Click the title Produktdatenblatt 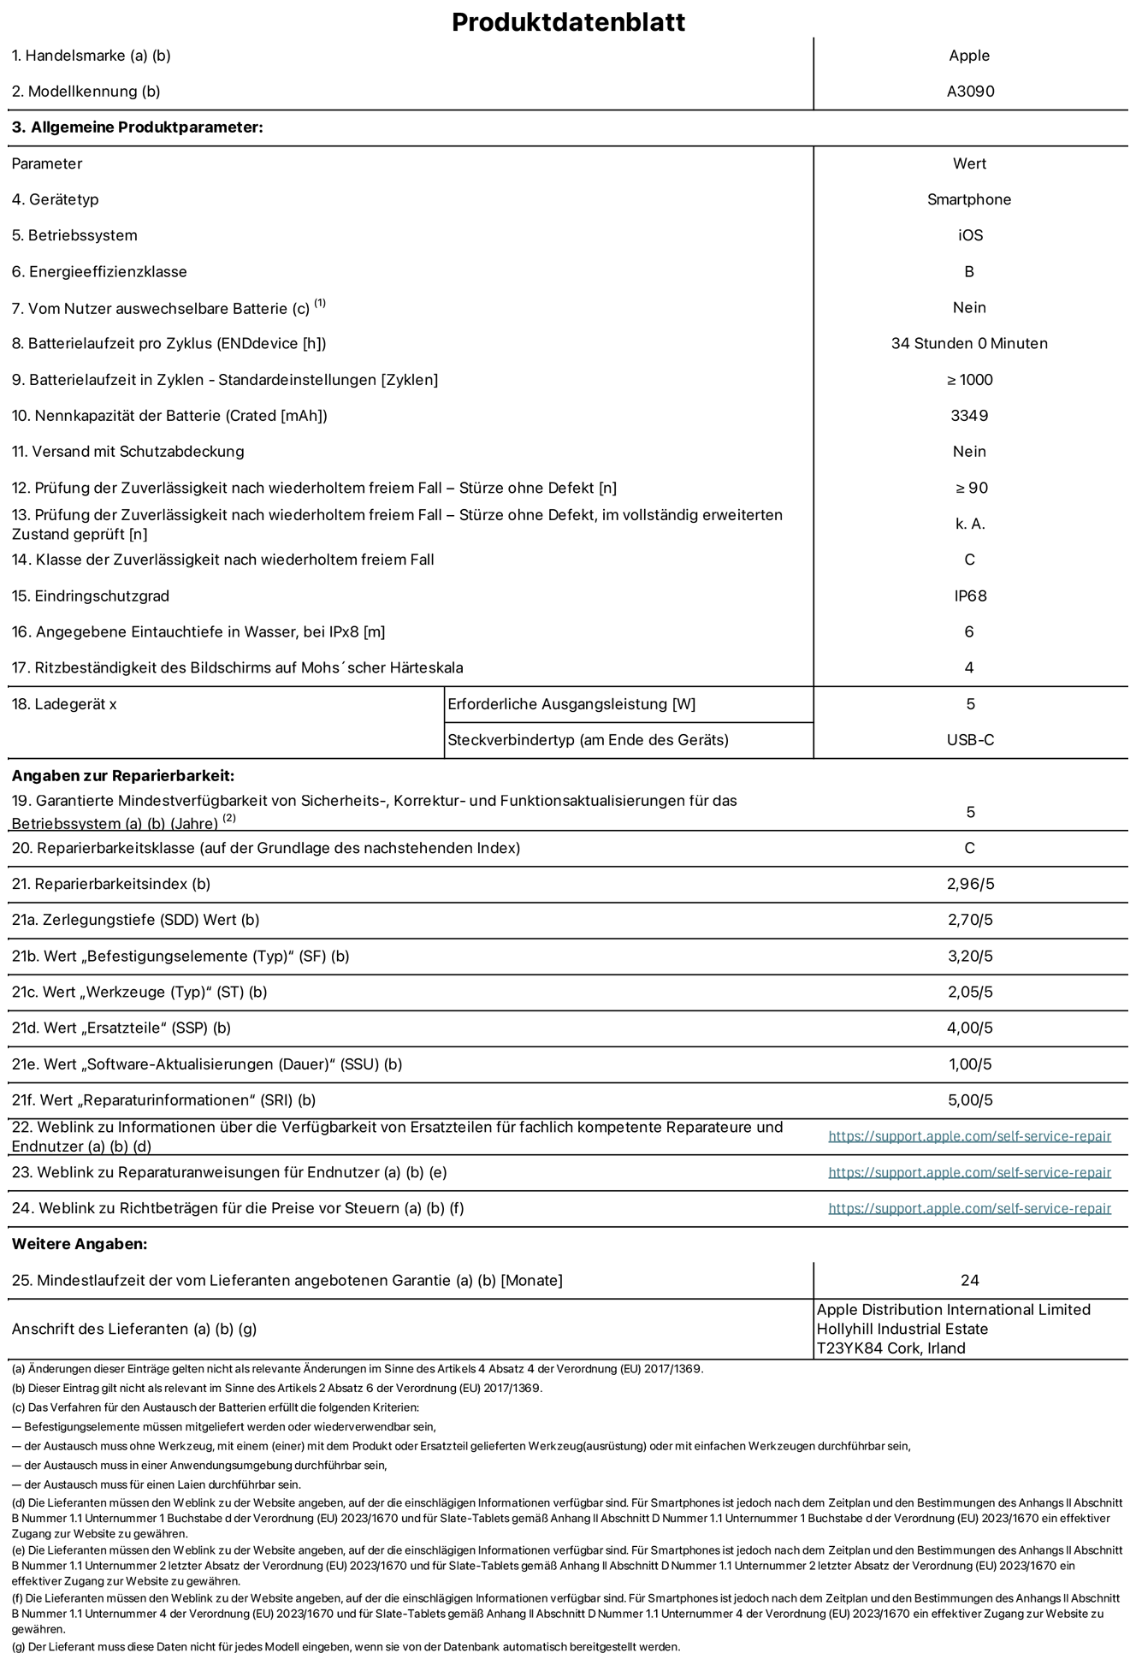click(x=568, y=21)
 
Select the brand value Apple click(x=969, y=56)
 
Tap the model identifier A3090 click(x=970, y=92)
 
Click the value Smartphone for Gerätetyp click(x=969, y=199)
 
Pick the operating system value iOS click(x=970, y=235)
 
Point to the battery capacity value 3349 click(x=969, y=416)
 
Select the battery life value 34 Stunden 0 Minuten click(x=969, y=344)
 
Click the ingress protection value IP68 click(x=970, y=595)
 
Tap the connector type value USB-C click(x=970, y=740)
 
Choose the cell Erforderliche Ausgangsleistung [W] click(x=571, y=704)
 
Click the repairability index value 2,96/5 click(x=970, y=884)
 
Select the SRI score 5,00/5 click(x=970, y=1100)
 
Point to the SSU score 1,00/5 click(x=970, y=1064)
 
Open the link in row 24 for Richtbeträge click(x=969, y=1208)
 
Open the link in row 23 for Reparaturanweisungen click(x=969, y=1172)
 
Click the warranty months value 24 click(x=969, y=1280)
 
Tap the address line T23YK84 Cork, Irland click(x=891, y=1348)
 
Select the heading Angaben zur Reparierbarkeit click(x=122, y=776)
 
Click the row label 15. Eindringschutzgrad click(x=91, y=595)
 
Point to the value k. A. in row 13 click(x=970, y=524)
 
